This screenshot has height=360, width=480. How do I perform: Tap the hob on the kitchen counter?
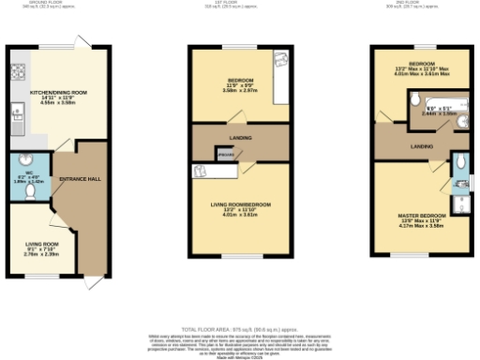point(18,72)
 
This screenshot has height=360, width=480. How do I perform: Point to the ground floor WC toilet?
point(31,192)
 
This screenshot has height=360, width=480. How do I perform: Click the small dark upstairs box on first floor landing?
point(225,154)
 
